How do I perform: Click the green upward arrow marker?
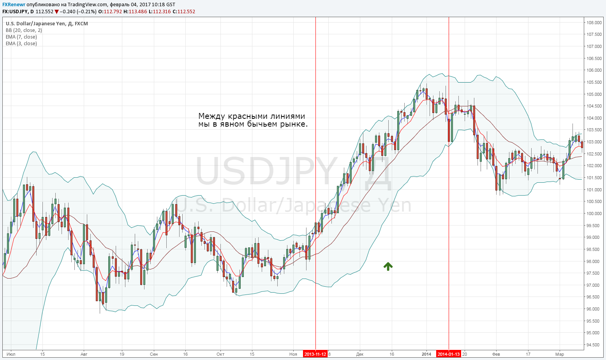388,266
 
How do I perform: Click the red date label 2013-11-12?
315,354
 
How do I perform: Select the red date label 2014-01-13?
449,354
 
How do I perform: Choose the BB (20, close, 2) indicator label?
24,30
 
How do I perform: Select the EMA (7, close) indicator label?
21,37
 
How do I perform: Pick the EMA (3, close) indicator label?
21,44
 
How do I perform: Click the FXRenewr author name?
14,5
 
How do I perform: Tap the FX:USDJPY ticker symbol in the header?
15,12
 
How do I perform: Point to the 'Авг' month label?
84,354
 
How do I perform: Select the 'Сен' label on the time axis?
154,354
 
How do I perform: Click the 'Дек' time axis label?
360,354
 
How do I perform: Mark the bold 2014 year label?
426,354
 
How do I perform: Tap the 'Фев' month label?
496,354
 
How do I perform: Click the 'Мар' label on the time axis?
560,354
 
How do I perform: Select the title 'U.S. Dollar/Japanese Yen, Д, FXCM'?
47,24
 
